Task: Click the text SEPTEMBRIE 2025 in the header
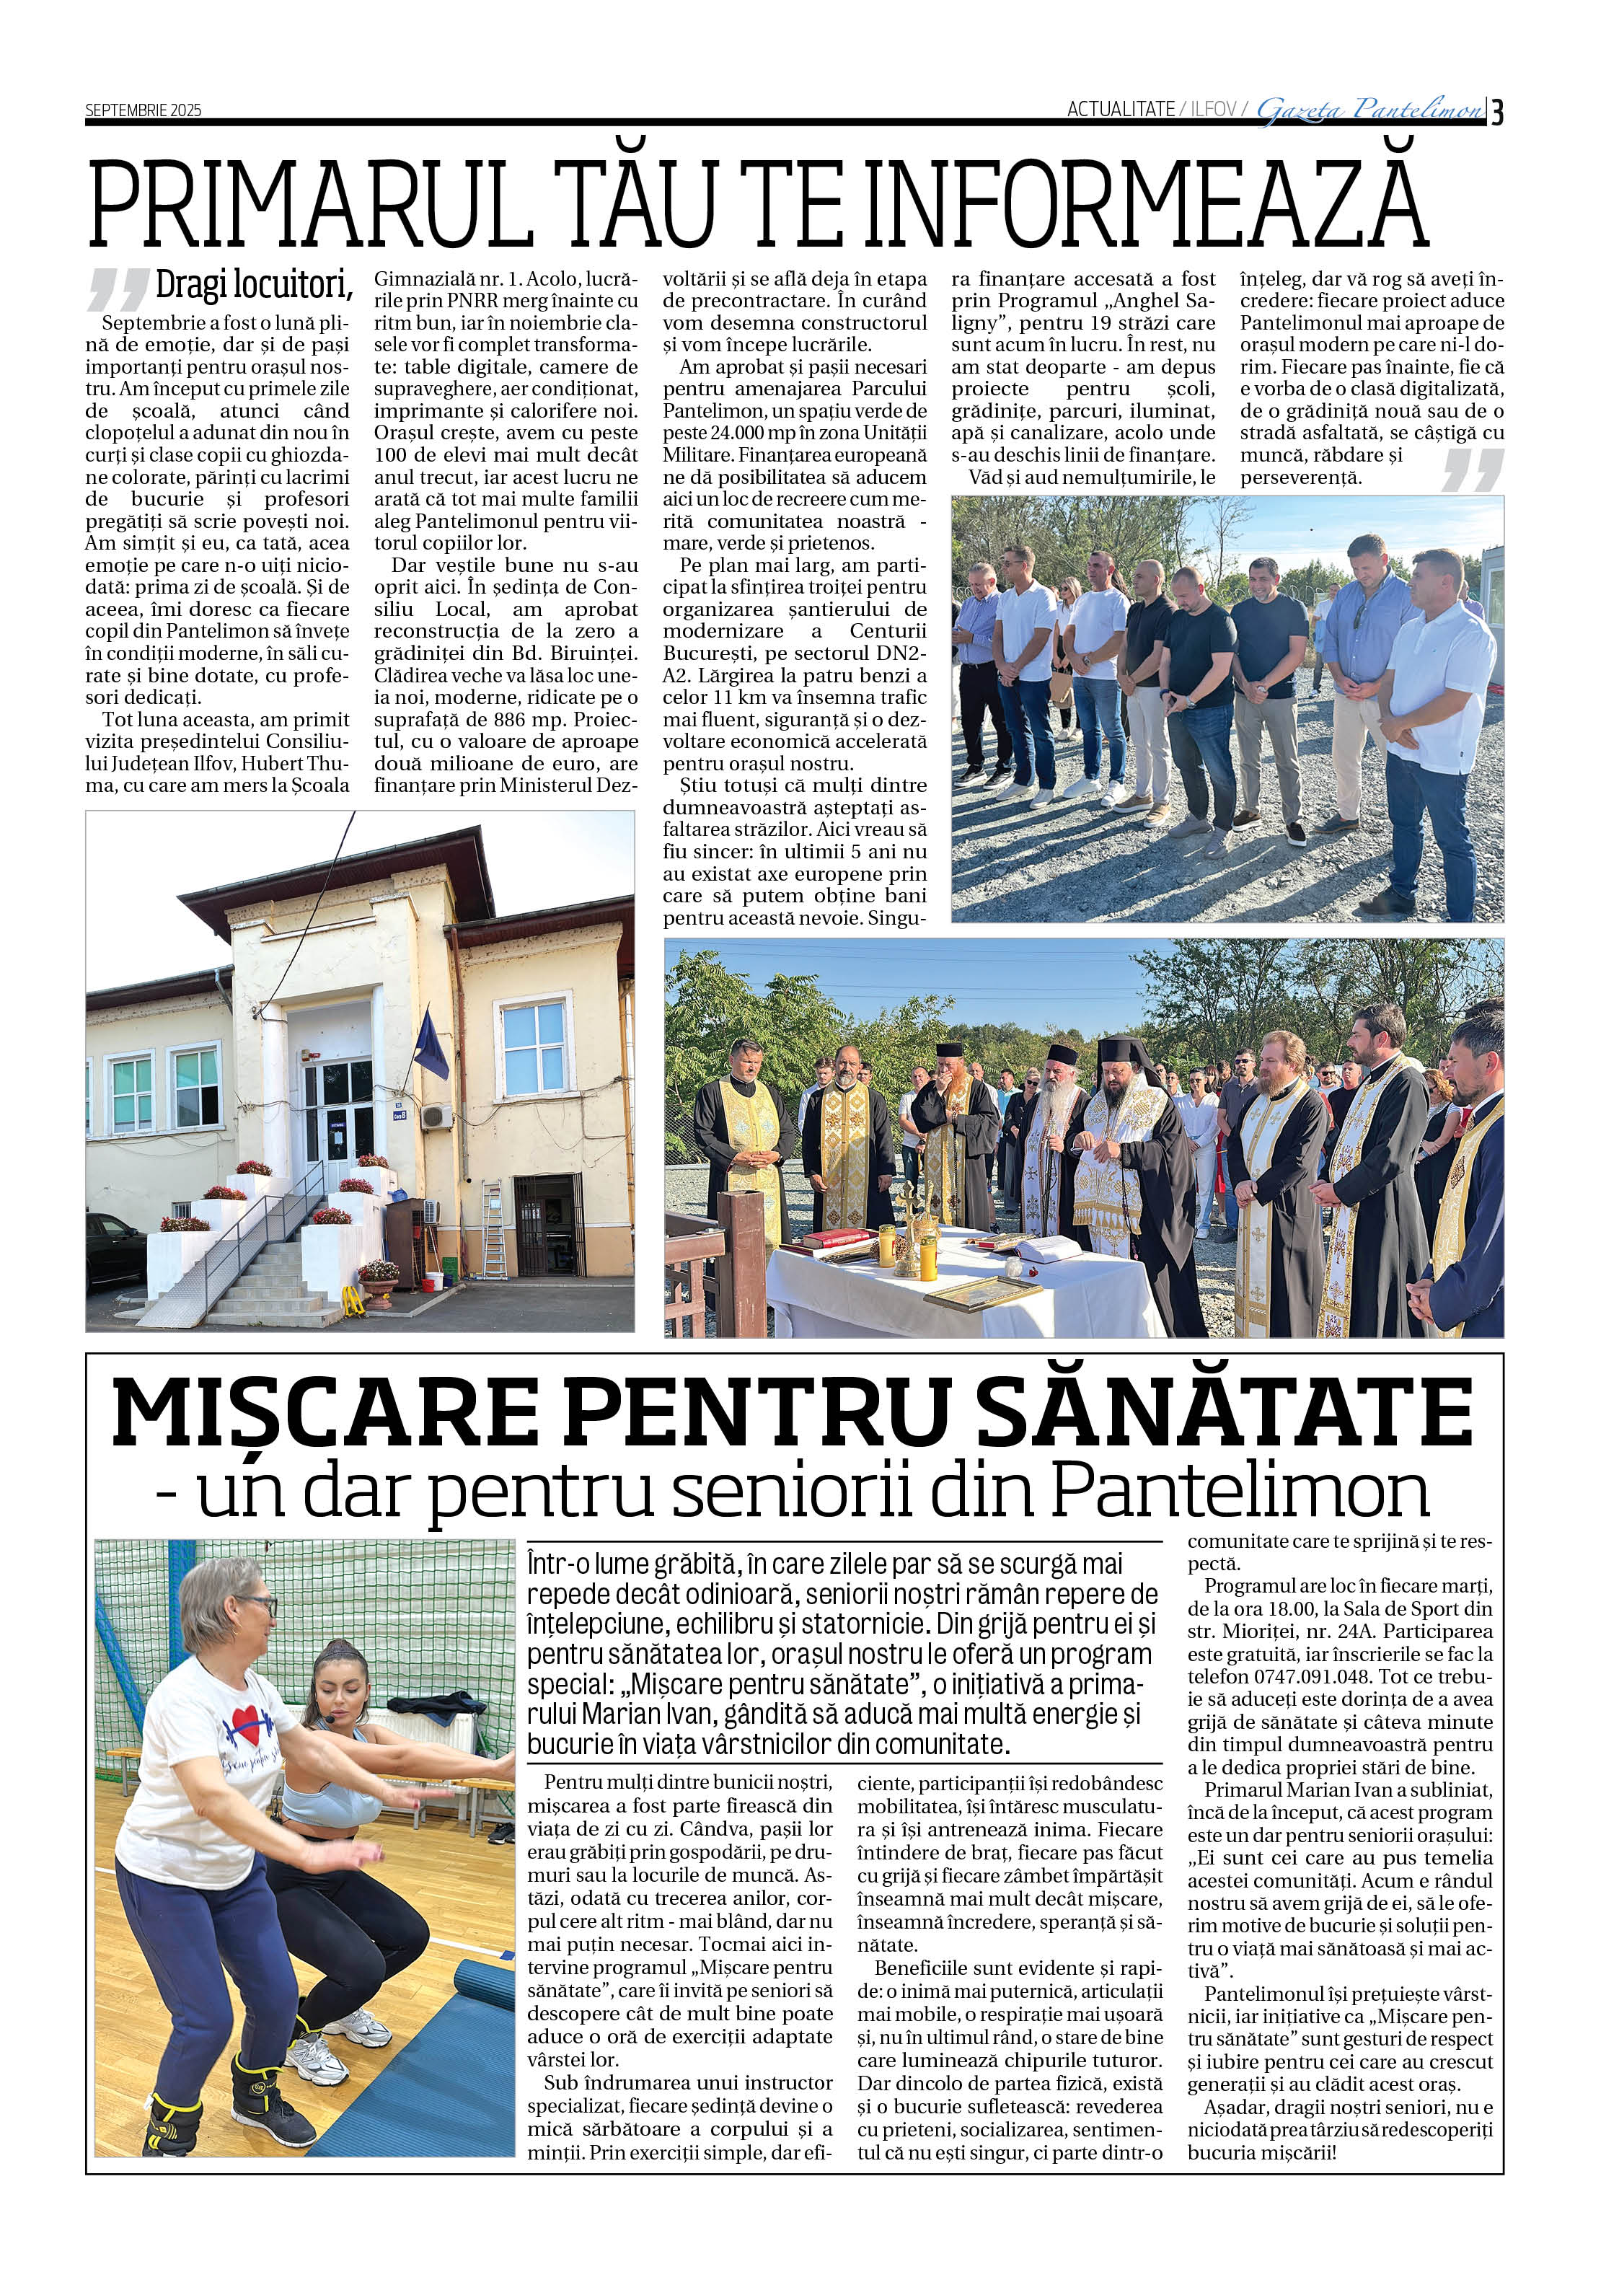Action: coord(143,110)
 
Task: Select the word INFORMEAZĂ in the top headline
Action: coord(1145,206)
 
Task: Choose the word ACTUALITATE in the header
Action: coord(1119,110)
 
